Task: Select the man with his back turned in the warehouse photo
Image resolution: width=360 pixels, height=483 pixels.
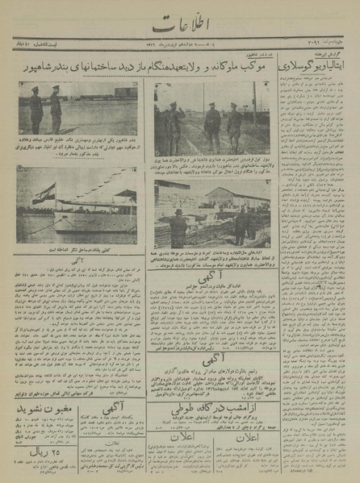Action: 178,227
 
